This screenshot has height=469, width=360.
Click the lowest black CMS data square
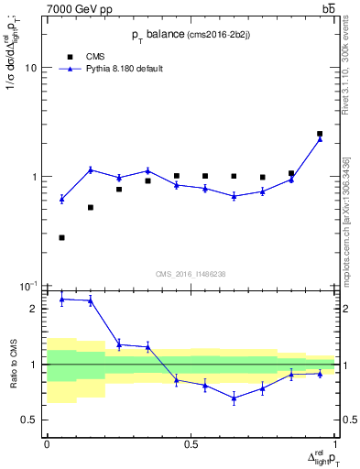pos(61,237)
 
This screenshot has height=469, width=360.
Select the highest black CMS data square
pos(320,134)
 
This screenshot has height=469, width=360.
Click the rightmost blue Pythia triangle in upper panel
pos(320,138)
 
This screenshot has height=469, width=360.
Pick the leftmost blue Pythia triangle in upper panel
pos(61,199)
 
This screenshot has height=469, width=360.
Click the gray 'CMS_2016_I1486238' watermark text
pos(191,273)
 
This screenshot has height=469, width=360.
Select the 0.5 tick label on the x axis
pos(191,444)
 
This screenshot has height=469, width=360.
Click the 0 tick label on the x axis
pos(47,444)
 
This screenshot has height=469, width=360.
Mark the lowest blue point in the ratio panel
pos(234,398)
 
